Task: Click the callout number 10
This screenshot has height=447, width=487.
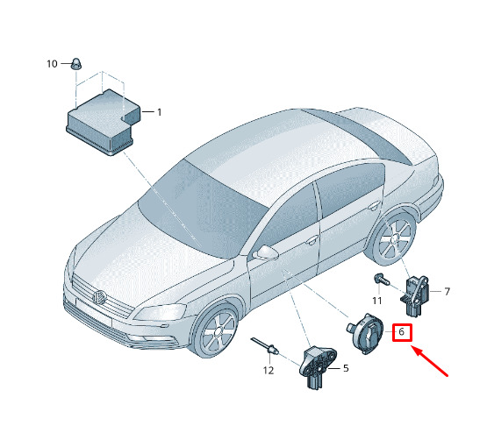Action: pyautogui.click(x=52, y=64)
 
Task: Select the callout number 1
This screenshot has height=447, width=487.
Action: pyautogui.click(x=160, y=112)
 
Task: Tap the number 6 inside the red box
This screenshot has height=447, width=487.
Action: pyautogui.click(x=401, y=332)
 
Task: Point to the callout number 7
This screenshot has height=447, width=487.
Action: pyautogui.click(x=447, y=292)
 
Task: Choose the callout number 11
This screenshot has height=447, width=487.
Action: pyautogui.click(x=377, y=301)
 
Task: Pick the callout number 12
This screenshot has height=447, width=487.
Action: pyautogui.click(x=269, y=371)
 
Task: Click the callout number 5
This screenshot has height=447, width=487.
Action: pyautogui.click(x=346, y=368)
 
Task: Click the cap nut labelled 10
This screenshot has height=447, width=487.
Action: pyautogui.click(x=75, y=64)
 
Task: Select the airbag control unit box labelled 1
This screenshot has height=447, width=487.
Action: pyautogui.click(x=104, y=123)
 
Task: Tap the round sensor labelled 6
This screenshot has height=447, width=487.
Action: pyautogui.click(x=365, y=334)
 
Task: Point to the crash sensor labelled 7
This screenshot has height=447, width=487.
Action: pyautogui.click(x=415, y=296)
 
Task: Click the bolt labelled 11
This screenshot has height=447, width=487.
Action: pyautogui.click(x=382, y=280)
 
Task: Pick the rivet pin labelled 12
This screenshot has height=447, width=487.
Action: pyautogui.click(x=265, y=346)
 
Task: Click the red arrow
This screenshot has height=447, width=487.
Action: pyautogui.click(x=430, y=361)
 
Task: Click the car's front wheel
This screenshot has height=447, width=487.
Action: pyautogui.click(x=216, y=331)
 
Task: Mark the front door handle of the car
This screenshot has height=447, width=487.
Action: pyautogui.click(x=312, y=240)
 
